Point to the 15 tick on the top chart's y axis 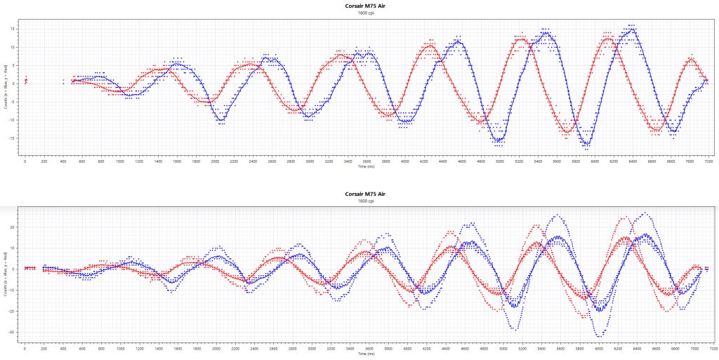[14, 29]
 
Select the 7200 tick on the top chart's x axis [710, 161]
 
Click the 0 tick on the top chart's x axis [25, 161]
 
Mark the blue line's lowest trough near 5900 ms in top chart [586, 146]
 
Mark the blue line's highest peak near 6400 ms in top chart [633, 27]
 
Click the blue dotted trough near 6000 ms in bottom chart [599, 335]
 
